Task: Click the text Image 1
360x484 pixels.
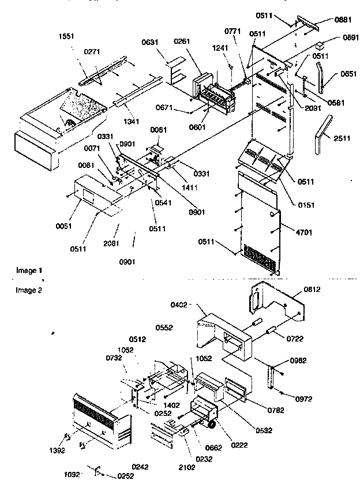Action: pyautogui.click(x=29, y=270)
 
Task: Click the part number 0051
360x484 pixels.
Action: pyautogui.click(x=65, y=226)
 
